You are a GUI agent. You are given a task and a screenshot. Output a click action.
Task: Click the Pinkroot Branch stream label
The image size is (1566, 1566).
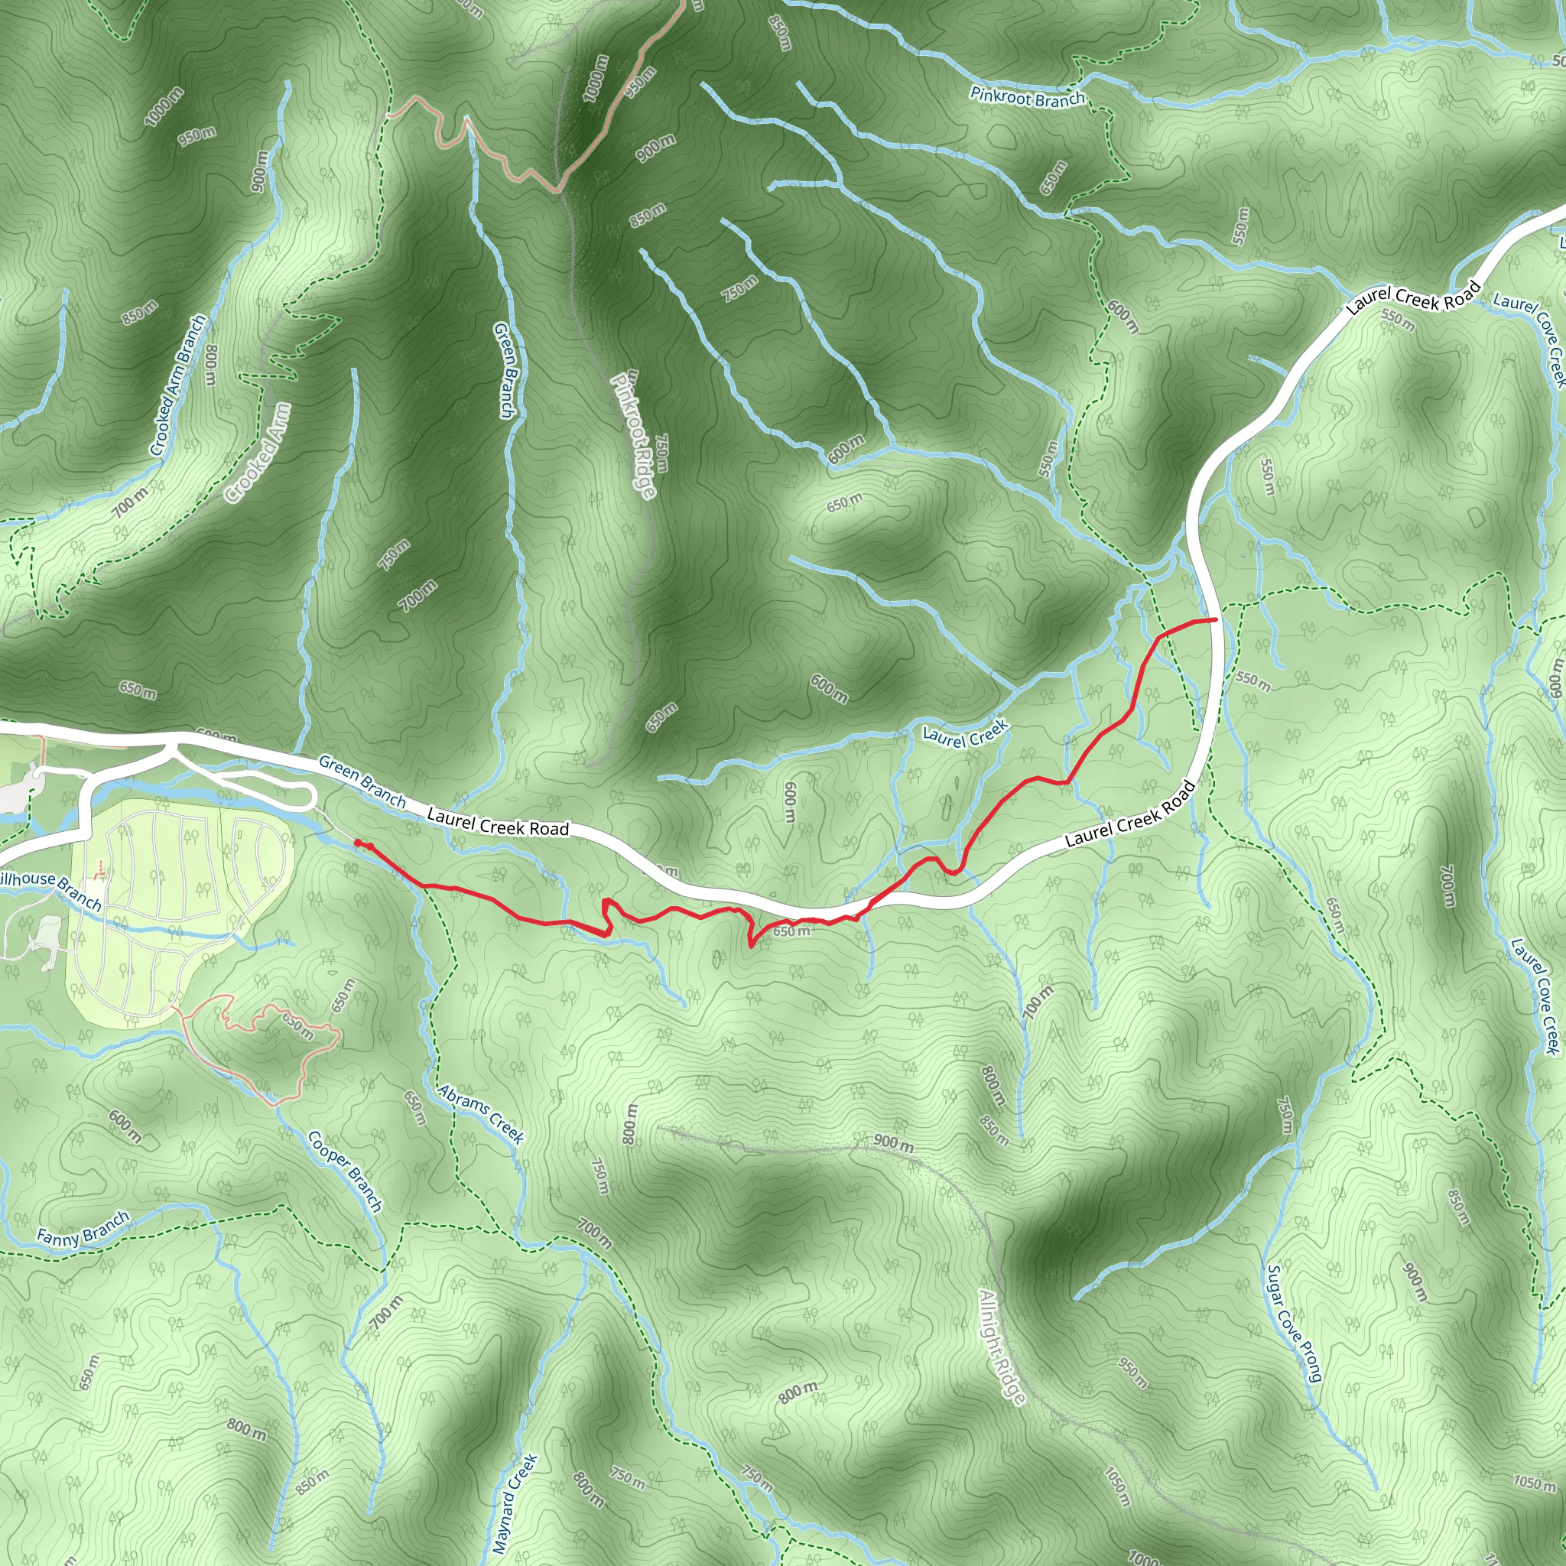click(1027, 98)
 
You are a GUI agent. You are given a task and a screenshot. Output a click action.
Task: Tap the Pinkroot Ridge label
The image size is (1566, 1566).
click(635, 436)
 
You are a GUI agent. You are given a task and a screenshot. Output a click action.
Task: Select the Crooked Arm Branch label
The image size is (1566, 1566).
click(178, 386)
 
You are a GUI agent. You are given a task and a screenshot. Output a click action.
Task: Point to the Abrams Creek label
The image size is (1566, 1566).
click(482, 1113)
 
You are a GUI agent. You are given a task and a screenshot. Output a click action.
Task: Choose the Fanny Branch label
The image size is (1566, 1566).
click(83, 1227)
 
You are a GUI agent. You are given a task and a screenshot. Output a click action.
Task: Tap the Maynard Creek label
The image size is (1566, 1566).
click(515, 1503)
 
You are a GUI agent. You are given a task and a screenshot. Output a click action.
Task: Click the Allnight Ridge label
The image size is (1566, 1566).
click(1002, 1347)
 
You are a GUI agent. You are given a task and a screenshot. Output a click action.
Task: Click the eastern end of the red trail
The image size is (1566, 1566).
click(1216, 619)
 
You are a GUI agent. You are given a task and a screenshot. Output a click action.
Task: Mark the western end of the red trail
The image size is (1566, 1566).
click(357, 843)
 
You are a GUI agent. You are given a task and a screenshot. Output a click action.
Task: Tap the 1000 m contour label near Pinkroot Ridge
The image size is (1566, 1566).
click(596, 80)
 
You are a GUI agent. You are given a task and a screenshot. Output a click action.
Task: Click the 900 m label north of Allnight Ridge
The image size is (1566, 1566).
click(893, 1143)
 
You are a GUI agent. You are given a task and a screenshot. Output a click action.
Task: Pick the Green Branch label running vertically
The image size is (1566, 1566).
click(504, 370)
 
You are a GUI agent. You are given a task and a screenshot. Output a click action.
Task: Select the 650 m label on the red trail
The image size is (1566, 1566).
click(791, 931)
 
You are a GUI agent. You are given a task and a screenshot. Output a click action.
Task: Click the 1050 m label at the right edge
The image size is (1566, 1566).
click(1535, 1483)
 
